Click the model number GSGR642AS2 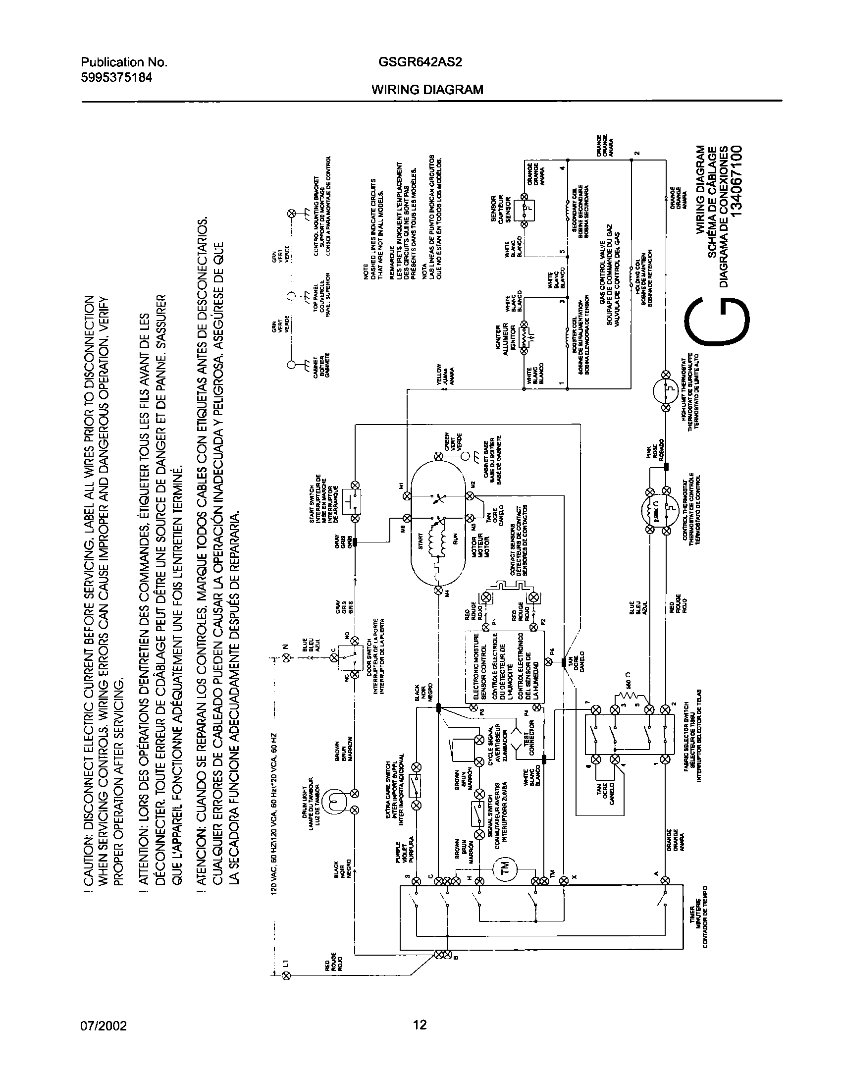point(420,62)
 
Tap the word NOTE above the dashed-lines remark point(366,273)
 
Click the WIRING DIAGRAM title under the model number point(427,90)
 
